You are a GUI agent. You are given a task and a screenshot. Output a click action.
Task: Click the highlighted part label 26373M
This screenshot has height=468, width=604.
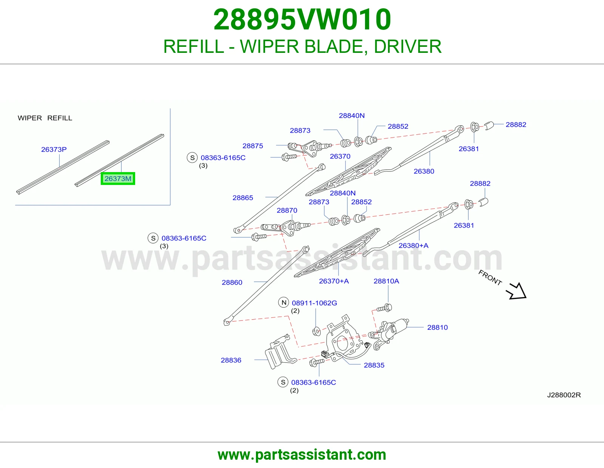click(118, 179)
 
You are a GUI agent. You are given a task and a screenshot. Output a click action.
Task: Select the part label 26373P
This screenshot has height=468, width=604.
click(54, 149)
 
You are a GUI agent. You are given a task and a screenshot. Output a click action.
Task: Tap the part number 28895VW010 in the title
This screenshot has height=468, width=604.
click(302, 20)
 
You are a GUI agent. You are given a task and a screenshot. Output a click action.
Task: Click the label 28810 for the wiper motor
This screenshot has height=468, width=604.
click(438, 327)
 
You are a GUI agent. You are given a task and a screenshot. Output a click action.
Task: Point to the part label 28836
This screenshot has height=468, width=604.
click(231, 360)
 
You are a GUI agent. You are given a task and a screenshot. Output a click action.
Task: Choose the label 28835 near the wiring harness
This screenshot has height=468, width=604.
click(374, 365)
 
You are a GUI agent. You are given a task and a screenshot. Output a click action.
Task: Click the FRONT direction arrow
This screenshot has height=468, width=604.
click(516, 291)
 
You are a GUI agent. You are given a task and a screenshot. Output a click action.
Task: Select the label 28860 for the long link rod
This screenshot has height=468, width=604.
click(232, 282)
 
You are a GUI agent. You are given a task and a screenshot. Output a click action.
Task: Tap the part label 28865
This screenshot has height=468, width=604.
click(243, 198)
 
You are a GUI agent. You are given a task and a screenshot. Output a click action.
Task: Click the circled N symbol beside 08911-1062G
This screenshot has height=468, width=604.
click(284, 302)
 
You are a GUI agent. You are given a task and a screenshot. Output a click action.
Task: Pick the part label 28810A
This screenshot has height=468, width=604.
click(386, 281)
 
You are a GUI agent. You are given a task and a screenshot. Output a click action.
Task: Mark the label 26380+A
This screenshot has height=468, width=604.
click(414, 245)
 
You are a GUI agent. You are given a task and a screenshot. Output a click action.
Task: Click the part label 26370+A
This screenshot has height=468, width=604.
click(334, 281)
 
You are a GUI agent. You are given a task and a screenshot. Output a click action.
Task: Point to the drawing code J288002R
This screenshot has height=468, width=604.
click(564, 395)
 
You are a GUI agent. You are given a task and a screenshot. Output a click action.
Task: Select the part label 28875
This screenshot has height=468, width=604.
click(253, 146)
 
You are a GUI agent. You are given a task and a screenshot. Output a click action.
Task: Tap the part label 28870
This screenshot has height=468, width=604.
click(287, 210)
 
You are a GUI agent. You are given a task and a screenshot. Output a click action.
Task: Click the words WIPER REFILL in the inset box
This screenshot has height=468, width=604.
click(45, 118)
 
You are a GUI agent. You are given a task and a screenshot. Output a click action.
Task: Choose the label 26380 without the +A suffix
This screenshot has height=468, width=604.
click(424, 171)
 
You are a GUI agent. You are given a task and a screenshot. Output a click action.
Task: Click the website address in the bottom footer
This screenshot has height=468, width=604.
click(302, 455)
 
